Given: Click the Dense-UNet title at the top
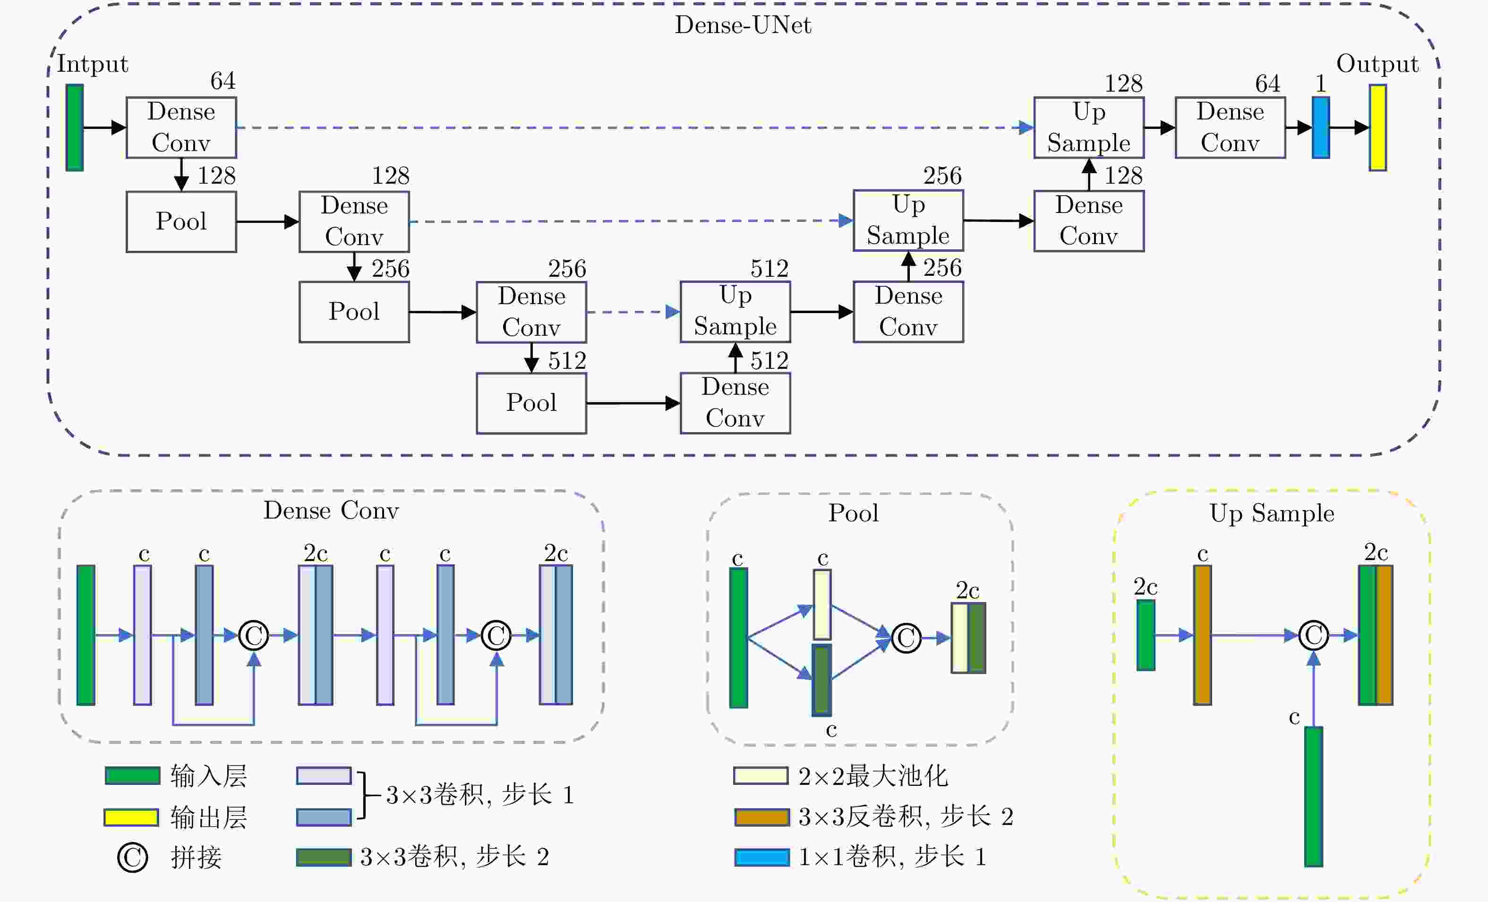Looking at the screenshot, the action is (743, 25).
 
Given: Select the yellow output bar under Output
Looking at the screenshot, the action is (1377, 128).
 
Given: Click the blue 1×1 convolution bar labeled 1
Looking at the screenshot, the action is (1321, 128).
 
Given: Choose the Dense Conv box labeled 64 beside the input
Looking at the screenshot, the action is (181, 128).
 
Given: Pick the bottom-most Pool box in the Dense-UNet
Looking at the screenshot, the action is (531, 403).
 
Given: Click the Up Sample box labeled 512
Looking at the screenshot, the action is (735, 312).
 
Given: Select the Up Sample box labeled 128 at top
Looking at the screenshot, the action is (1089, 128).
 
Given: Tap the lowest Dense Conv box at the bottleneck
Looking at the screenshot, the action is (735, 403).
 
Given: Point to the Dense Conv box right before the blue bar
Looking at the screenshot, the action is (1230, 128).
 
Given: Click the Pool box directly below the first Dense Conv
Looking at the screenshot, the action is (181, 221).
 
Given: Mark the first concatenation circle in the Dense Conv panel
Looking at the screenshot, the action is (254, 635).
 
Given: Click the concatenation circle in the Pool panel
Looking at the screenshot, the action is (906, 638).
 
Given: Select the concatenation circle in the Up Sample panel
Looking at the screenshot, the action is (1314, 635).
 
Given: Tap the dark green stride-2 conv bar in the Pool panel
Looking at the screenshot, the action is (821, 680).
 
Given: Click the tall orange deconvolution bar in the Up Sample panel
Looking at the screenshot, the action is (1202, 635).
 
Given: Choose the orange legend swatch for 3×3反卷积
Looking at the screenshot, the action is (762, 817).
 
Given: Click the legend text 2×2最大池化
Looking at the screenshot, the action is (872, 776).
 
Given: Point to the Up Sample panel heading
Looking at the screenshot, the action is (1272, 513).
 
